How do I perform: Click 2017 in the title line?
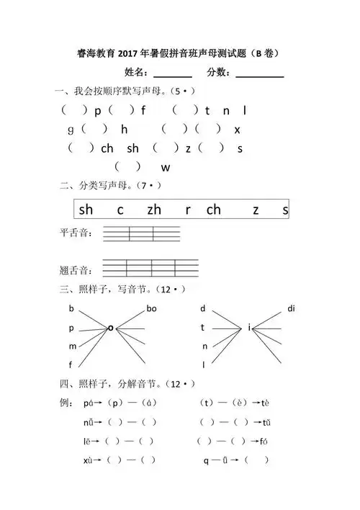click(133, 53)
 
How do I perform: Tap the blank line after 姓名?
click(173, 75)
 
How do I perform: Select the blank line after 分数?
click(260, 75)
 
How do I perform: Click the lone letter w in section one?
click(165, 168)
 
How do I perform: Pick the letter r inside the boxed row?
click(188, 210)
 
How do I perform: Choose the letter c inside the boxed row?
click(120, 210)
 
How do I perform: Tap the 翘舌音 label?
click(73, 271)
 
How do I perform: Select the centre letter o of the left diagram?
click(110, 328)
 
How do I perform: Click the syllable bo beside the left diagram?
click(151, 309)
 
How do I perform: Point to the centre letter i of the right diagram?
click(249, 328)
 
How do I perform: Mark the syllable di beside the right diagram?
click(291, 309)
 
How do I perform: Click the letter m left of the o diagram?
click(72, 346)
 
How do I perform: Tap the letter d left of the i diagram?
click(203, 309)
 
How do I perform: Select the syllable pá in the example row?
click(90, 402)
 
